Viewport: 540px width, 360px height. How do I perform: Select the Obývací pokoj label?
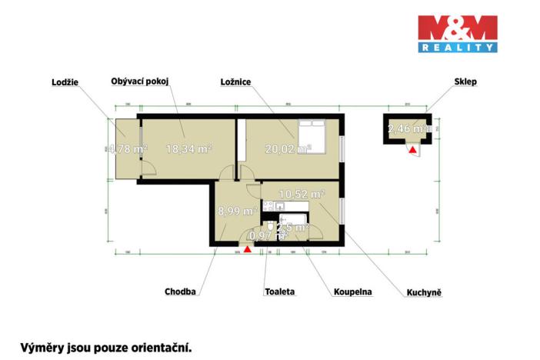(x=140, y=81)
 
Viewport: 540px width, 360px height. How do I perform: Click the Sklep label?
(x=465, y=81)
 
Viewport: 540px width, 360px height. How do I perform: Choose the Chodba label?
(x=181, y=292)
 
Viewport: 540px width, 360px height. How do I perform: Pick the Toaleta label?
(x=279, y=292)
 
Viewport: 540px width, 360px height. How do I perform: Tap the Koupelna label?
(x=353, y=292)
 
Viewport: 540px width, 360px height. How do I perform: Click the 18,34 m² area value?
(x=188, y=149)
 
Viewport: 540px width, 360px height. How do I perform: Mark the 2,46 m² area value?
(x=407, y=129)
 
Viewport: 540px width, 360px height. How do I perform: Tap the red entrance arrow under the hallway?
(x=247, y=248)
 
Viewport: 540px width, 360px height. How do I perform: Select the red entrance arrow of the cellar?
(x=412, y=149)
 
